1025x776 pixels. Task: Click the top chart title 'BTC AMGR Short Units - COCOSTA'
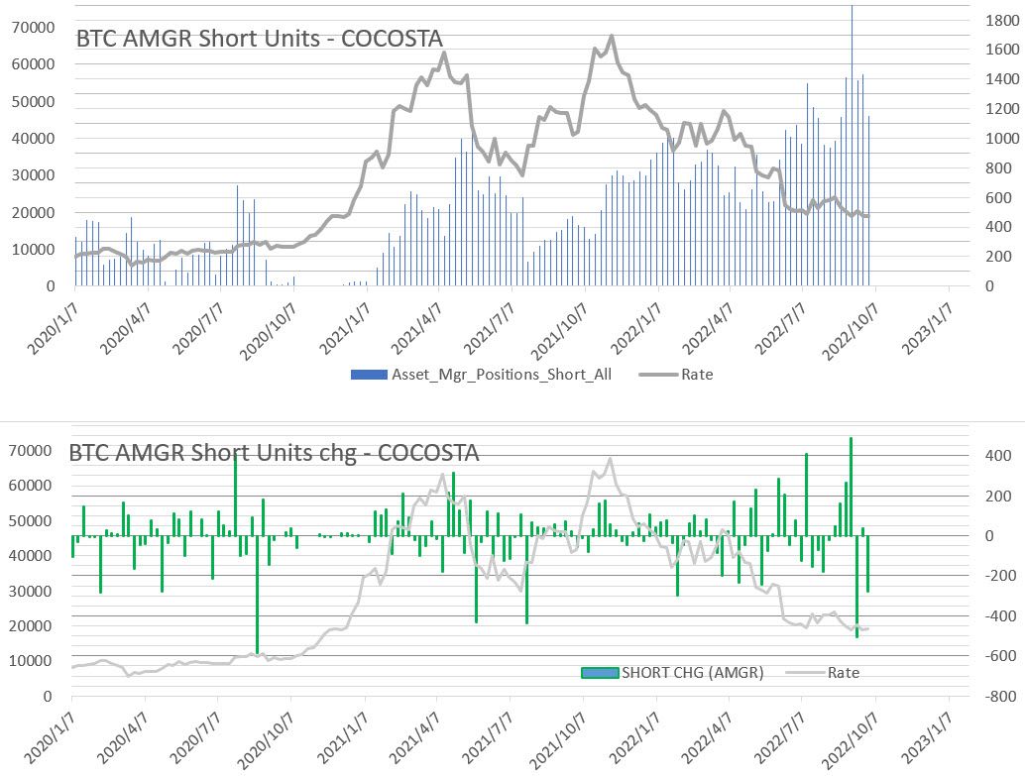[x=260, y=39]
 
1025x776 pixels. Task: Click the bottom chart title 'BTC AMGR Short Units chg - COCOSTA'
[x=274, y=453]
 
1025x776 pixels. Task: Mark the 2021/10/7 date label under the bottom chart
[x=559, y=739]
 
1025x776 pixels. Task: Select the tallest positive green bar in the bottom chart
[x=851, y=486]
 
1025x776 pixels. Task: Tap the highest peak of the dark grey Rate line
[x=612, y=37]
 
